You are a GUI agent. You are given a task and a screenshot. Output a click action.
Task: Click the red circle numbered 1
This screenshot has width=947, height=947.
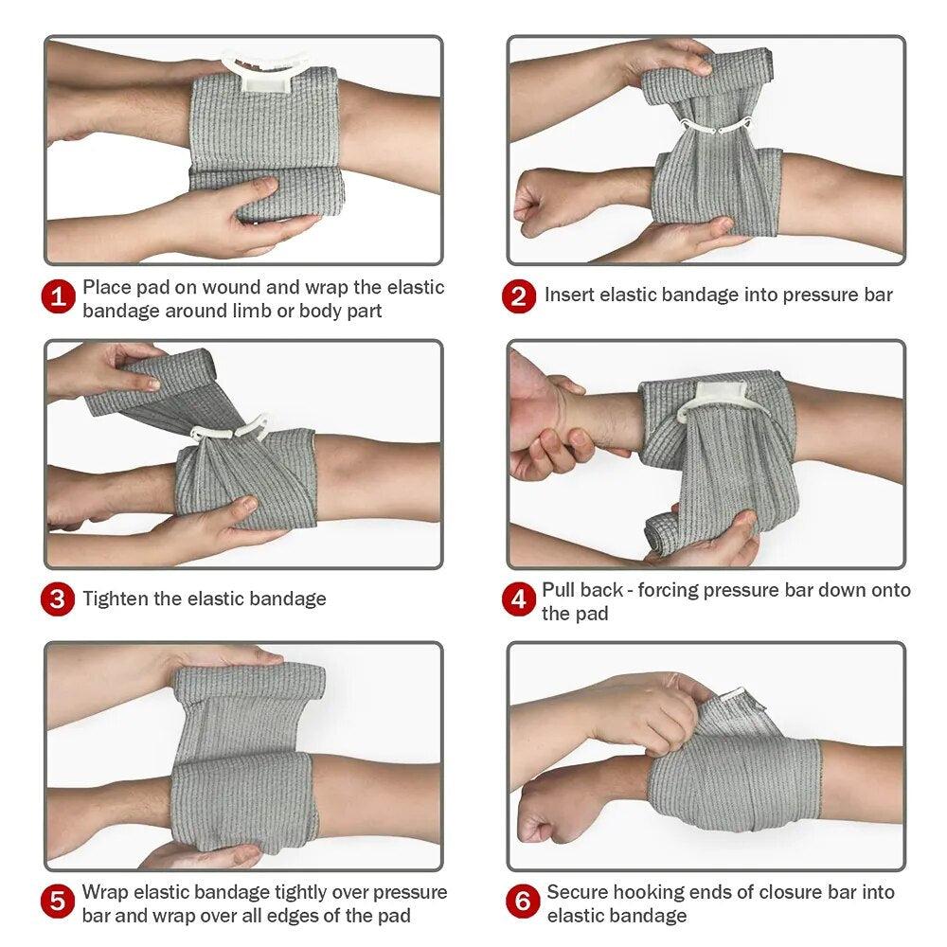(58, 297)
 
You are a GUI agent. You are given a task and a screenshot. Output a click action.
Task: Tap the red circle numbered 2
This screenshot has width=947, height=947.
(518, 296)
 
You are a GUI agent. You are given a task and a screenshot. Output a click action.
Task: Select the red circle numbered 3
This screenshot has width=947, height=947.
(58, 599)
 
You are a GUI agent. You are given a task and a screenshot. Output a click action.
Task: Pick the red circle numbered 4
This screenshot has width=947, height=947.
(518, 600)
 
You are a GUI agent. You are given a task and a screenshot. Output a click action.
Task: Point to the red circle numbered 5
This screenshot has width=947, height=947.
(58, 902)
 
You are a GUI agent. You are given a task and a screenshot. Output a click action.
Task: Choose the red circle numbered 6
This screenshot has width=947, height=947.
(522, 902)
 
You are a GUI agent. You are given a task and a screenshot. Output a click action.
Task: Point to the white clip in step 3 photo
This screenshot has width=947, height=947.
(230, 430)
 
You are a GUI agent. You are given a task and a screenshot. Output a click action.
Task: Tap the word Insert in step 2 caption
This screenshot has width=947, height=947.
(570, 295)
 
